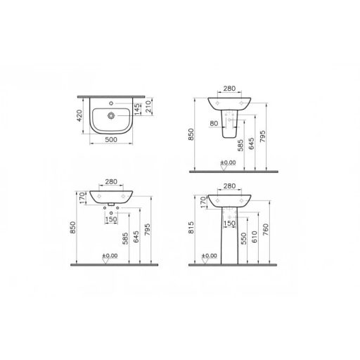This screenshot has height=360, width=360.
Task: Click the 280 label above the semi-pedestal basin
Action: (x=229, y=89)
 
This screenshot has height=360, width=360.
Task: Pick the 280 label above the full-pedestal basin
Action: (x=229, y=187)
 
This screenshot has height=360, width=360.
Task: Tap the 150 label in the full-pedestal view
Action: (x=229, y=225)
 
